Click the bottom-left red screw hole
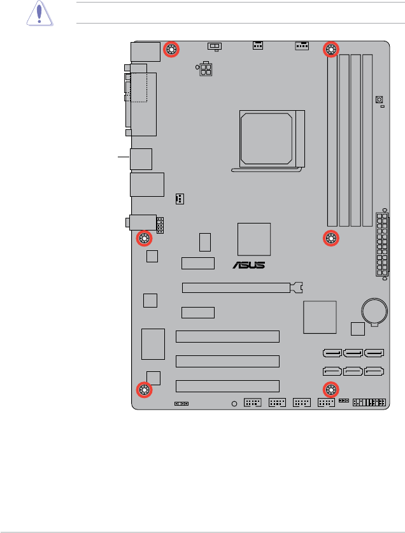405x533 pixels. [x=144, y=390]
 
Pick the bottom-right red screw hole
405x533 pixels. [x=331, y=390]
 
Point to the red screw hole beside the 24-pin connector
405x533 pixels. [x=331, y=239]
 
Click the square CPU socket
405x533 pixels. [x=267, y=136]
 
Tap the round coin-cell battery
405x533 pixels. [x=374, y=311]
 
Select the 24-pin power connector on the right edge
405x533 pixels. [x=382, y=245]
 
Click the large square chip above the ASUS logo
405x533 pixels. [x=253, y=239]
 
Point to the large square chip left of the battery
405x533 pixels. [x=320, y=316]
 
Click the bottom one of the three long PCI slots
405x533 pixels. [x=227, y=385]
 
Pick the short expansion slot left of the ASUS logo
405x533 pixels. [x=197, y=263]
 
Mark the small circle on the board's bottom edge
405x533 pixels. [x=234, y=403]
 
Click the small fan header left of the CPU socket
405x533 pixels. [x=180, y=199]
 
